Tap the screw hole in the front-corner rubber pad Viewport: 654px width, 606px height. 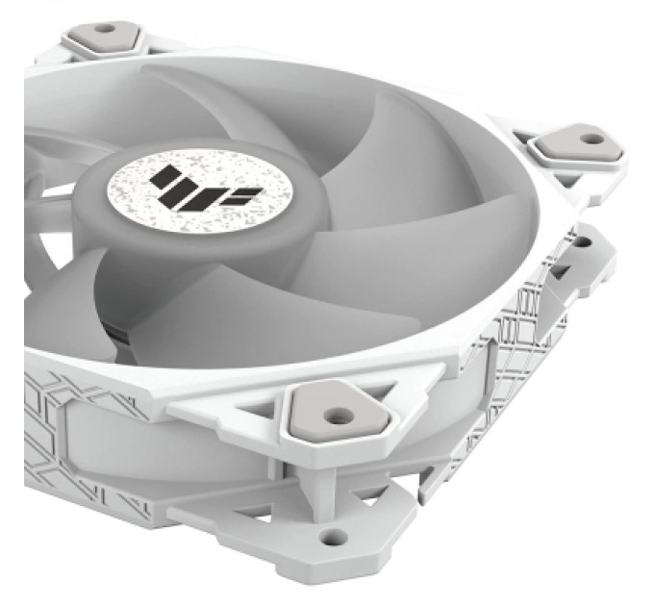[336, 417]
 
